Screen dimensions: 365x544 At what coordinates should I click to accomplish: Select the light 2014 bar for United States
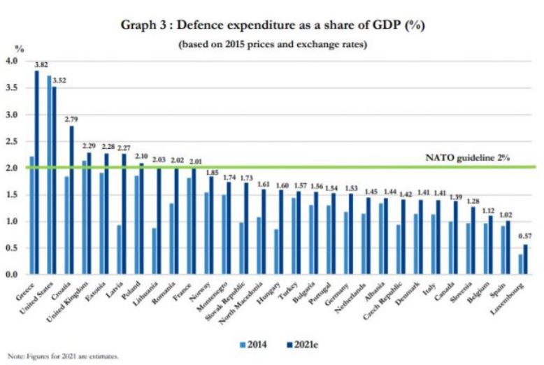click(x=49, y=175)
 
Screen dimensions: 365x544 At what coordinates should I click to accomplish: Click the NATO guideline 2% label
click(x=467, y=158)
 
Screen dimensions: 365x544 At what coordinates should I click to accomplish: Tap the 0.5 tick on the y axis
click(x=10, y=248)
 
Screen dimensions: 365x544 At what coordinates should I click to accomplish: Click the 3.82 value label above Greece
click(x=42, y=64)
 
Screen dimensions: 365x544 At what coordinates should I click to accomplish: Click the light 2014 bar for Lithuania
click(x=155, y=251)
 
